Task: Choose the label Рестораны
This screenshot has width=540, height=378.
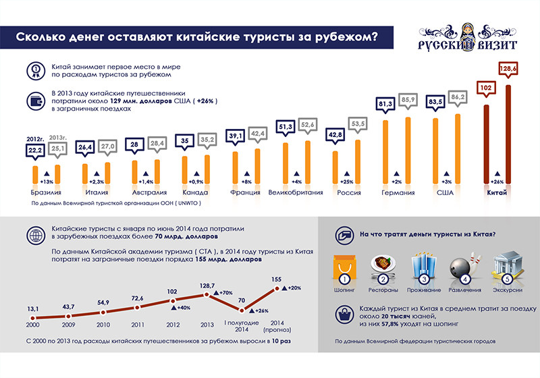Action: (x=385, y=290)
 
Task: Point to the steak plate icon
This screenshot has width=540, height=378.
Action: (x=385, y=265)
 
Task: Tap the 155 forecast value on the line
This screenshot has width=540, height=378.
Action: (x=277, y=279)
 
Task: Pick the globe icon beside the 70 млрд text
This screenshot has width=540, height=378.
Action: (x=34, y=235)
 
